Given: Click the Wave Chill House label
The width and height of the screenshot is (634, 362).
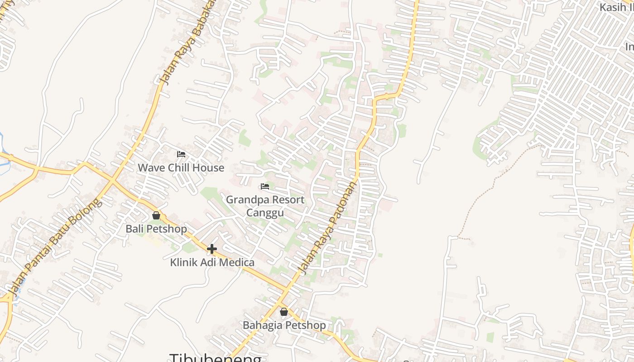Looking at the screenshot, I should [x=181, y=168].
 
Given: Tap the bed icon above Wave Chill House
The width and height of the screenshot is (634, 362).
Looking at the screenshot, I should [x=181, y=154].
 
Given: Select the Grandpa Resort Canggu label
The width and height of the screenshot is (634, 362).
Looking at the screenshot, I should [x=265, y=206].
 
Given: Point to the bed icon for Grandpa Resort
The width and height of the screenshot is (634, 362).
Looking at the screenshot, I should [x=265, y=186].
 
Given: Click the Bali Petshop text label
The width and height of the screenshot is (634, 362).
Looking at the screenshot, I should [x=156, y=229].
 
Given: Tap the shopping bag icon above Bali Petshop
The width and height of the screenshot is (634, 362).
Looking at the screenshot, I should [x=156, y=215].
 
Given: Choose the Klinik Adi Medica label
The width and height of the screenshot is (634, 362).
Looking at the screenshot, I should [x=212, y=262].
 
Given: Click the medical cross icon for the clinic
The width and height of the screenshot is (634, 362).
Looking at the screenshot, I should [x=212, y=249].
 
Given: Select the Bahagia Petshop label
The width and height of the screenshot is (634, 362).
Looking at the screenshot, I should [x=284, y=325].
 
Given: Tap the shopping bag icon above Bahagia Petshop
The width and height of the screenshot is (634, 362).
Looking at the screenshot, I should [x=284, y=312].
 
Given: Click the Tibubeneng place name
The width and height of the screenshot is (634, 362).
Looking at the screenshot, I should [x=215, y=357].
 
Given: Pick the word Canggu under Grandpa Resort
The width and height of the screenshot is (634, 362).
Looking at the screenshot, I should [x=265, y=213].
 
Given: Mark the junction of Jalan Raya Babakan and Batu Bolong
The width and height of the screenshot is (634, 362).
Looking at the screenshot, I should [x=112, y=180].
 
